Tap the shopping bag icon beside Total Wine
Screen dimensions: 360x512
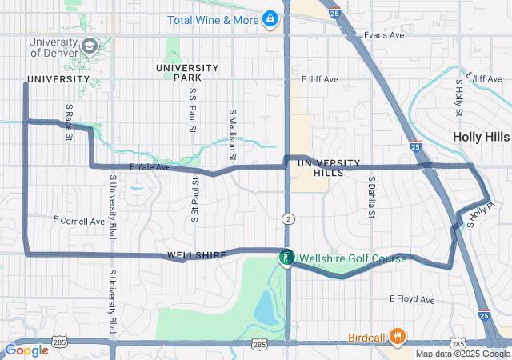point(270,17)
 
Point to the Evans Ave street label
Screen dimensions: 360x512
point(384,35)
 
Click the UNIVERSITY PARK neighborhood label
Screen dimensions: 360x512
point(186,73)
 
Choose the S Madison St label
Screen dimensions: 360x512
point(232,128)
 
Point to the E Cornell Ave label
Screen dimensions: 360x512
point(78,220)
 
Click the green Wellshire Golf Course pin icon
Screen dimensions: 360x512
point(285,258)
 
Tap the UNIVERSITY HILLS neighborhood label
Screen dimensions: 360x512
point(323,168)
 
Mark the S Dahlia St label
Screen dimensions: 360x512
point(371,197)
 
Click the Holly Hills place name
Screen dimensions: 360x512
point(480,137)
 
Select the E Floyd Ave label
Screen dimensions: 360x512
point(412,299)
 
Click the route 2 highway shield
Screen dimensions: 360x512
point(287,219)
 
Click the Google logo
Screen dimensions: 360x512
point(26,350)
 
